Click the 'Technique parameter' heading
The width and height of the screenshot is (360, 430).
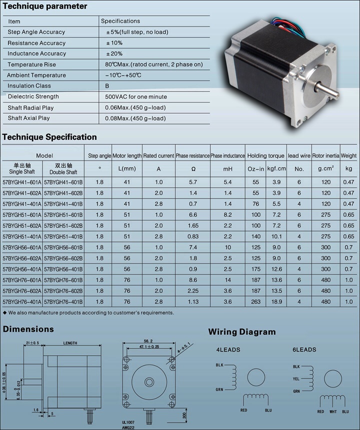tap(44, 6)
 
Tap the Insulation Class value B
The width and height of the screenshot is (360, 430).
tap(107, 86)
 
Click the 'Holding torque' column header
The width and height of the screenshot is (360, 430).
tap(266, 156)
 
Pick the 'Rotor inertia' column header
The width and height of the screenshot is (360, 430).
tap(326, 156)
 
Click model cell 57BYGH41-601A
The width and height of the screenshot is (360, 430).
tap(22, 182)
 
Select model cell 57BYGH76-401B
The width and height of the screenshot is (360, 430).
tap(63, 302)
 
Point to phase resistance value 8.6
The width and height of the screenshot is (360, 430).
tap(192, 280)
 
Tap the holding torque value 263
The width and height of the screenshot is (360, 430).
tap(255, 302)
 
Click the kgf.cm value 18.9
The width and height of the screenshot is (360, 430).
tap(276, 302)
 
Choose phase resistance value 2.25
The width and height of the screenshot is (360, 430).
tap(192, 291)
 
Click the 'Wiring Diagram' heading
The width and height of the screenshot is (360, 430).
tap(242, 332)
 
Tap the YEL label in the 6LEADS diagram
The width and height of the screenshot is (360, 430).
tap(296, 378)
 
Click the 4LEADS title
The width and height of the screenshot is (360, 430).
tap(228, 349)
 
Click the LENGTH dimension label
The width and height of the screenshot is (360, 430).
tap(70, 343)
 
